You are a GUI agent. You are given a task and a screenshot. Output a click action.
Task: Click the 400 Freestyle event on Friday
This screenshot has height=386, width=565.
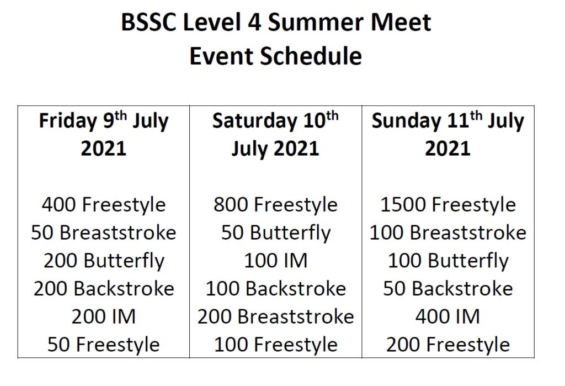[x=104, y=205]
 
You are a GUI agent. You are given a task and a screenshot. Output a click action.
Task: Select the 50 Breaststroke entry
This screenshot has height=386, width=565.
[x=104, y=232]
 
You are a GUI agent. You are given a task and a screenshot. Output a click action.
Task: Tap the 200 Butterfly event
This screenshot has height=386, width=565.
[x=104, y=261]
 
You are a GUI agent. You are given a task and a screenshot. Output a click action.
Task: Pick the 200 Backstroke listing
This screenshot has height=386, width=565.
[x=104, y=289]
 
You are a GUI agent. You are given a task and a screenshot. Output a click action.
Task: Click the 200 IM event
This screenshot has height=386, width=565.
[x=104, y=317]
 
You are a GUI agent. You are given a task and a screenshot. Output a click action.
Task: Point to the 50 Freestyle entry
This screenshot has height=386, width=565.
[x=104, y=345]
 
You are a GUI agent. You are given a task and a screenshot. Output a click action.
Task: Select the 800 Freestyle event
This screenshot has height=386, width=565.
[x=276, y=205]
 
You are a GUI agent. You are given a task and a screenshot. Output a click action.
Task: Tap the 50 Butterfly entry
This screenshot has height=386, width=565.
[x=276, y=233]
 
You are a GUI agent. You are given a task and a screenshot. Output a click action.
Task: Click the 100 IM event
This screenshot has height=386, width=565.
[x=276, y=261]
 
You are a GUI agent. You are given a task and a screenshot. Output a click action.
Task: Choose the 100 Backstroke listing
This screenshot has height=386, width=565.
[x=276, y=289]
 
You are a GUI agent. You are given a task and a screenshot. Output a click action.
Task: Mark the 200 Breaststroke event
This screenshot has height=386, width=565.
[x=276, y=317]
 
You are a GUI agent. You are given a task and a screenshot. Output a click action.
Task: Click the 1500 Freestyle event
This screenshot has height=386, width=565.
[x=448, y=205]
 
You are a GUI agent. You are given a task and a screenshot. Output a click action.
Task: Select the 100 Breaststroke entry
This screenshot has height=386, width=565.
[x=448, y=232]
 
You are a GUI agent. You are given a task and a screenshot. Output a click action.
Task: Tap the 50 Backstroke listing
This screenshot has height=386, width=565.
[x=448, y=289]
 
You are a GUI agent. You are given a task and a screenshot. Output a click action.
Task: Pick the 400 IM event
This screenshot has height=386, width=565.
[x=448, y=317]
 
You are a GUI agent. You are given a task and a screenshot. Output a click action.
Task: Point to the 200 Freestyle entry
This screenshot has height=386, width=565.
[x=448, y=345]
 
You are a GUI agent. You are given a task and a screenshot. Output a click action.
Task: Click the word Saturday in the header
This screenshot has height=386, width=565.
[x=254, y=121]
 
